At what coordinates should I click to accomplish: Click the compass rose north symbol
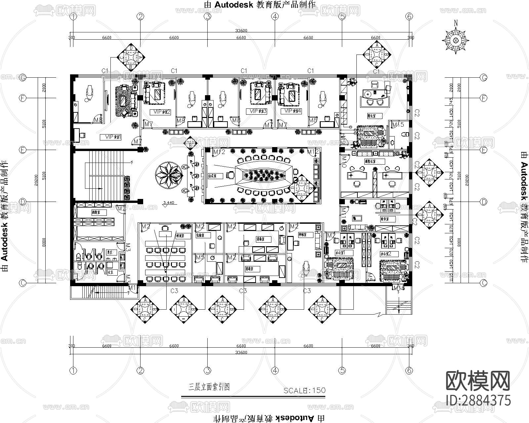(456, 40)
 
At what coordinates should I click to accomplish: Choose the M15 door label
(398, 125)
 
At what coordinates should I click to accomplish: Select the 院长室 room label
(374, 116)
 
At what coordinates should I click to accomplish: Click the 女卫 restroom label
(111, 272)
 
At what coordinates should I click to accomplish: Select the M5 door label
(200, 257)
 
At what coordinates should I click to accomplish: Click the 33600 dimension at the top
(241, 30)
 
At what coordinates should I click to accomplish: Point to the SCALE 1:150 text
(304, 390)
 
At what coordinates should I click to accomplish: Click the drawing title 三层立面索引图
(209, 387)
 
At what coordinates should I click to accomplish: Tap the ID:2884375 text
(478, 400)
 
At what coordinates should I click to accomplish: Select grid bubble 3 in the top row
(208, 16)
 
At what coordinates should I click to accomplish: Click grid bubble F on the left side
(23, 98)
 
